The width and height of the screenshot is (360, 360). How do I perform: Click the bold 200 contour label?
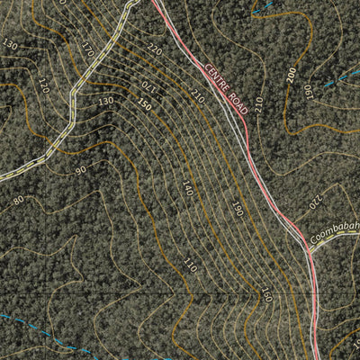291,76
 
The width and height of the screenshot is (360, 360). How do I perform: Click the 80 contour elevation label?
18,200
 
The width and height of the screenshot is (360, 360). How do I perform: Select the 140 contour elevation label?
186,188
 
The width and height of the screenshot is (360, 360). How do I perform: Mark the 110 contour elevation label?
189,265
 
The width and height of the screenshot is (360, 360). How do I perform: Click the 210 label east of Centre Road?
259,104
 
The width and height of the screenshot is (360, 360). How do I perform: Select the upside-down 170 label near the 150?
148,88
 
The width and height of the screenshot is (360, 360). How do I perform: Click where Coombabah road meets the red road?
309,251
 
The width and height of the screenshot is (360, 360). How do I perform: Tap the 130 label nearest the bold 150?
106,101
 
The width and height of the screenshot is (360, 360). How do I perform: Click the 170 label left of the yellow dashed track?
87,50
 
